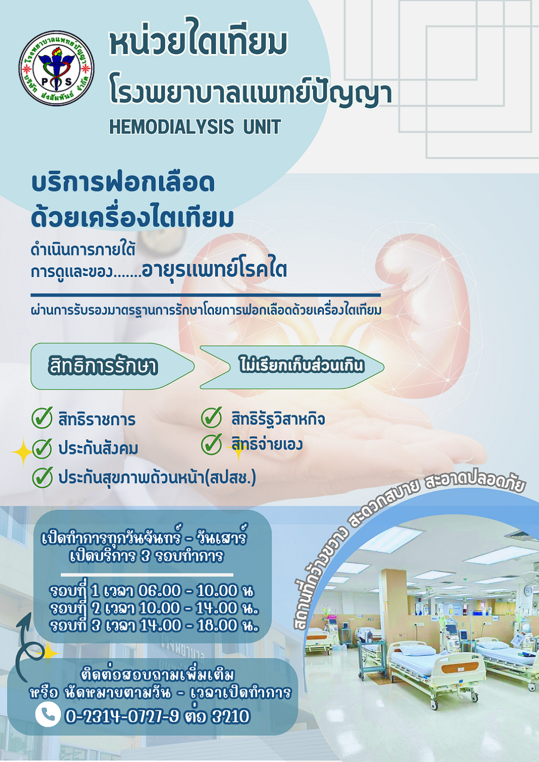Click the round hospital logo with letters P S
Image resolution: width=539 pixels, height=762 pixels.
coord(56,68)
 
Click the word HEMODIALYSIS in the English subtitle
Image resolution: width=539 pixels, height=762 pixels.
coord(171,126)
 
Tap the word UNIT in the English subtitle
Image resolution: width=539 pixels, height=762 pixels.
coord(262,126)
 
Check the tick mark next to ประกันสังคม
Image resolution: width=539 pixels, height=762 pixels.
coord(42,448)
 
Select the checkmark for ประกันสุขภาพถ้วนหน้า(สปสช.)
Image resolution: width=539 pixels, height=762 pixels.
coord(42,477)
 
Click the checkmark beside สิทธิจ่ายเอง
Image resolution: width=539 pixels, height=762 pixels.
coord(212,444)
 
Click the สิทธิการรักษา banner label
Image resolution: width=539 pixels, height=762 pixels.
coord(102,366)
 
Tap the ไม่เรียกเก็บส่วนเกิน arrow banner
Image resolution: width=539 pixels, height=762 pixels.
coord(292,367)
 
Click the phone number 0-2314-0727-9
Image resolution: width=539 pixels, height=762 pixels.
coord(122,716)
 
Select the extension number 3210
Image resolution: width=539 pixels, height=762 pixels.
coord(231,716)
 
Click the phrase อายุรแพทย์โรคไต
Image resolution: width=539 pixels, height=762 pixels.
coord(214,269)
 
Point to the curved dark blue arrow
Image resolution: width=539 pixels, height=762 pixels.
coord(21,647)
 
